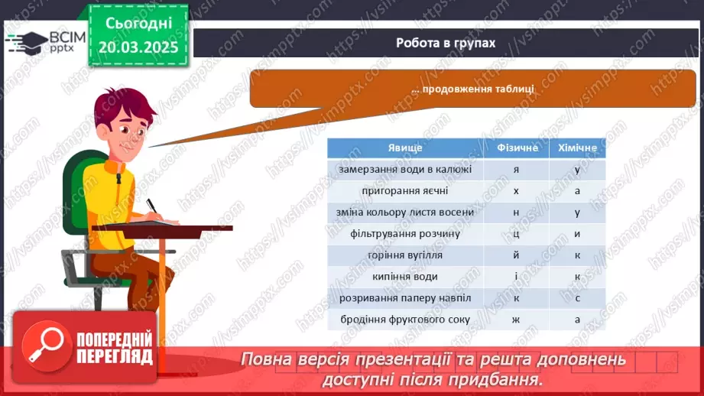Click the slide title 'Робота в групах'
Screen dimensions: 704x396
point(446,43)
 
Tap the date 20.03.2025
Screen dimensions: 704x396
point(138,47)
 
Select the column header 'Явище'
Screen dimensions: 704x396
point(405,148)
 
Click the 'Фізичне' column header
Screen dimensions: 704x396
point(517,148)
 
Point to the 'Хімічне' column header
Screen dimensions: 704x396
point(577,148)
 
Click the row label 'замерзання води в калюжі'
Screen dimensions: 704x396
point(405,169)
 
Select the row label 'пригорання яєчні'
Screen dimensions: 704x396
point(405,191)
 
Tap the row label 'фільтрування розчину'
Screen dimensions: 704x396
point(405,234)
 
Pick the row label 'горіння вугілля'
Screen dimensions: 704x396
point(405,255)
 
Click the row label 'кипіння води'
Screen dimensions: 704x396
point(405,277)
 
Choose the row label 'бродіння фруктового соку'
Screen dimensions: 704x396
point(405,320)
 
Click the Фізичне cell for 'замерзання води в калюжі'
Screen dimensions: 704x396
point(516,170)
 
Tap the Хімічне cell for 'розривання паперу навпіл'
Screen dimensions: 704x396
point(577,299)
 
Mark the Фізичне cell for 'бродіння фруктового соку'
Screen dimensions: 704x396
point(516,320)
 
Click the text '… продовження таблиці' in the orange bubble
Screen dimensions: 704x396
point(472,89)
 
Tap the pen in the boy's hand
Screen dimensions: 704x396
point(152,206)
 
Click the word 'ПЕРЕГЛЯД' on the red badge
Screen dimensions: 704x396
point(115,357)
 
